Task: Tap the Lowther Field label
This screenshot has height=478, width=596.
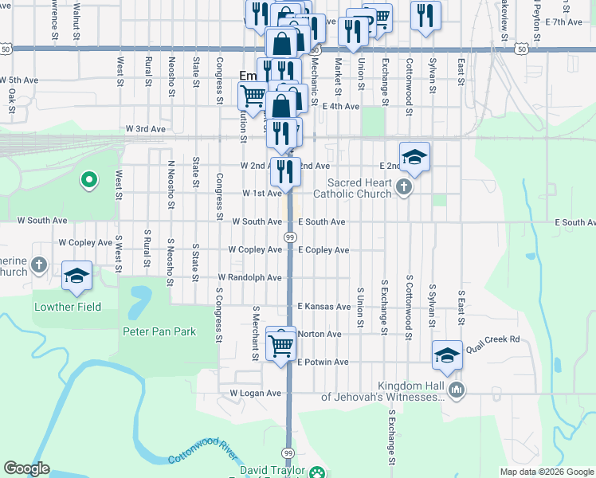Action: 68,307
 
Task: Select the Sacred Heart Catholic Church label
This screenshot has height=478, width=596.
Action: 352,188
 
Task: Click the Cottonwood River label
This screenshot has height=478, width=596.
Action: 202,458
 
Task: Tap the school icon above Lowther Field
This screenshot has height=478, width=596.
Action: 76,275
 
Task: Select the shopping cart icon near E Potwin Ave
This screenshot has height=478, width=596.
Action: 280,345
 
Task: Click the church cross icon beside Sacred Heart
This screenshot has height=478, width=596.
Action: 404,188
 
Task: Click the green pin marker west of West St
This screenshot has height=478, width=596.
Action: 89,181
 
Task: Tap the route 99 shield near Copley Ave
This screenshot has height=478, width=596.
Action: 289,237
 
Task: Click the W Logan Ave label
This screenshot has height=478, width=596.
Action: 256,394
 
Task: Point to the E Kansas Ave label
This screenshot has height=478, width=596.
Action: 324,307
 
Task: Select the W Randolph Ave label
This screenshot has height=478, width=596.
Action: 249,278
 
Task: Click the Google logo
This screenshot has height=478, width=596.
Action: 26,468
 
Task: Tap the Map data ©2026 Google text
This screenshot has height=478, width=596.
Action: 546,472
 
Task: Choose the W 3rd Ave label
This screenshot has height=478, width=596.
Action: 146,129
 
